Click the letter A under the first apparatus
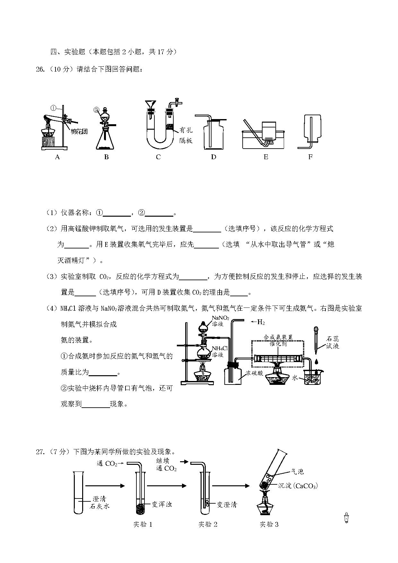[x=57, y=157]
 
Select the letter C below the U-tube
[x=158, y=157]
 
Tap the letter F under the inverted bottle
[x=310, y=157]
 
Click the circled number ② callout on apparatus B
[x=96, y=110]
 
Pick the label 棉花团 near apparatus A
[x=79, y=132]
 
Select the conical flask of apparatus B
[x=105, y=138]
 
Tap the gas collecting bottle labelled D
[x=213, y=134]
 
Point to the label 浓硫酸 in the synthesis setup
[x=254, y=373]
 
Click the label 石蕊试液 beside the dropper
[x=333, y=342]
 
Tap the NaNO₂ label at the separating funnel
[x=220, y=318]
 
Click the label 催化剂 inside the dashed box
[x=278, y=343]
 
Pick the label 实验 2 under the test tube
[x=208, y=524]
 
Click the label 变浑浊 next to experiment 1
[x=162, y=505]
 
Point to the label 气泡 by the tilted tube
[x=297, y=472]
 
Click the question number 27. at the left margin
[x=40, y=452]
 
